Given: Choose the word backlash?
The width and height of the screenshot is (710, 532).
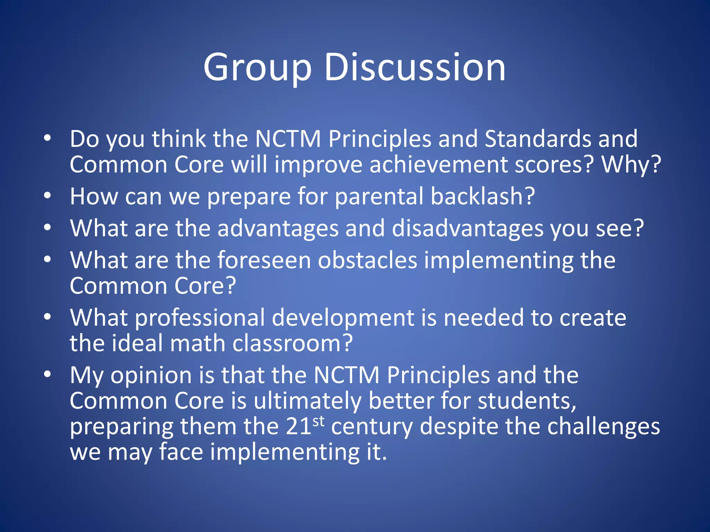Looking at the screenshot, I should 483,196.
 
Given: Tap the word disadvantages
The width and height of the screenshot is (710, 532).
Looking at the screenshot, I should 468,229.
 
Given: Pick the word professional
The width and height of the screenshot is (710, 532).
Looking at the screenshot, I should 200,318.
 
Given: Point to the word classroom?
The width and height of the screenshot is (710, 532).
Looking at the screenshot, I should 292,343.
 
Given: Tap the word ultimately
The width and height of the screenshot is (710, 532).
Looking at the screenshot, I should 307,401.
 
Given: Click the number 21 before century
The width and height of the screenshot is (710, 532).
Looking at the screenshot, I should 299,426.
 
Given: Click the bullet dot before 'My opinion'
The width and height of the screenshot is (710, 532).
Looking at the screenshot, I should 47,374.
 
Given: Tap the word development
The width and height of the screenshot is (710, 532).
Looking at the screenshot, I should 343,318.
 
